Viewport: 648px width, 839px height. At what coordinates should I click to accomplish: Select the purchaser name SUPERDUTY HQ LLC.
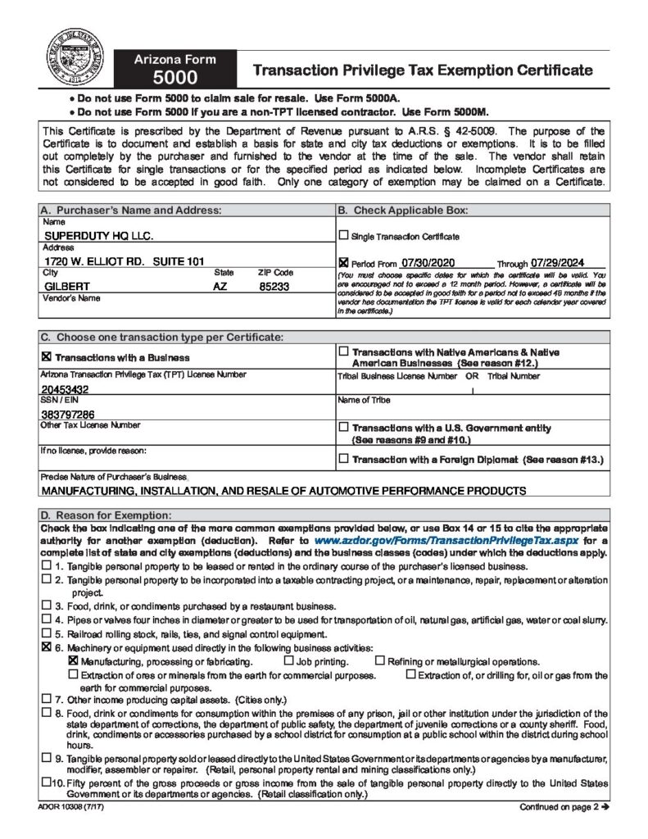pos(98,236)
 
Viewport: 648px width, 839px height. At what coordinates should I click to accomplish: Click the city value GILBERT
pos(67,287)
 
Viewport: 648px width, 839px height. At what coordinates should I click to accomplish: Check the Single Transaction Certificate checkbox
pos(343,236)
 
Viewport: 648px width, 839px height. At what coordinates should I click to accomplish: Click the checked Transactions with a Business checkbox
pos(46,357)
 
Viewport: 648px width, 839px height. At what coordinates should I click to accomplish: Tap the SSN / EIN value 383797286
pos(67,414)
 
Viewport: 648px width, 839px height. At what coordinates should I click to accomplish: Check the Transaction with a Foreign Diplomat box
pos(343,459)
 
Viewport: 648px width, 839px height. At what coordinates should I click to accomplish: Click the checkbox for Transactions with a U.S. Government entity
pos(343,428)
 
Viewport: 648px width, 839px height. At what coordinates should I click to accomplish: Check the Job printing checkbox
pos(288,661)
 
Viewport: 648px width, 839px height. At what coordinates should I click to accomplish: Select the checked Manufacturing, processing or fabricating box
pos(73,661)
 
